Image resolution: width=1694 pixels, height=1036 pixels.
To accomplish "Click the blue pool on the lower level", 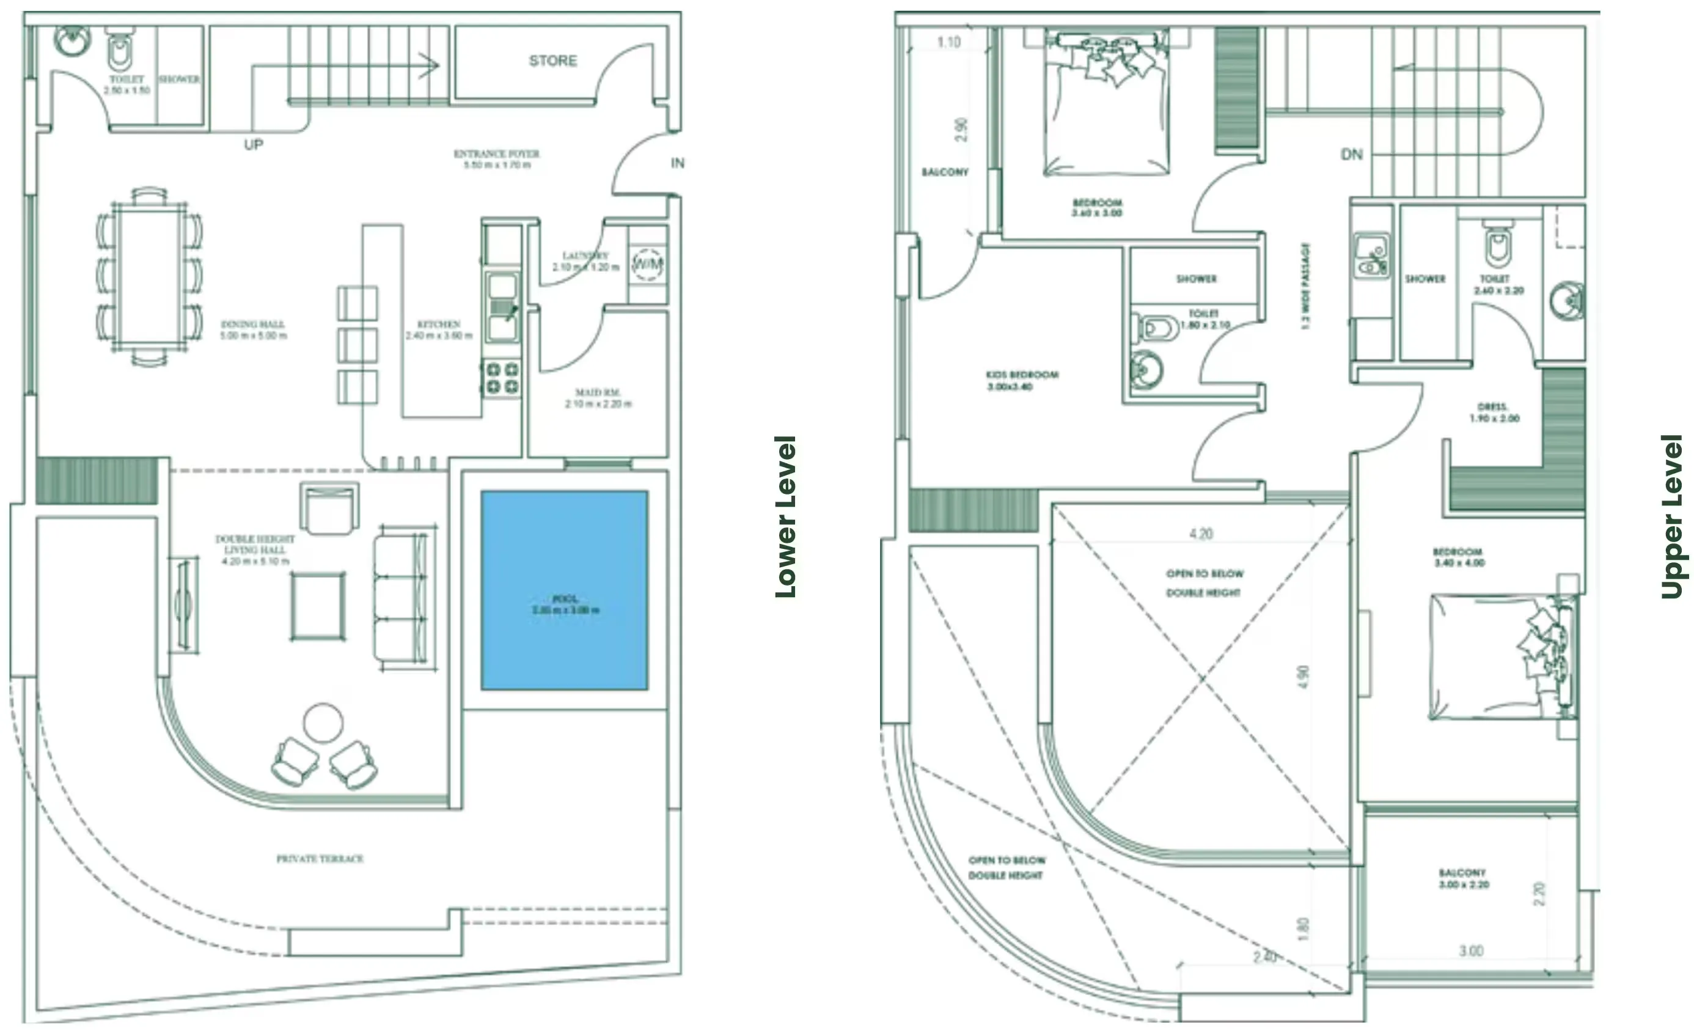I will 563,589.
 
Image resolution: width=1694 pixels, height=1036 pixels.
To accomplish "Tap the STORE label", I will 552,61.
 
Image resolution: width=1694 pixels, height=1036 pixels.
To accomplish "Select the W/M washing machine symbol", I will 647,264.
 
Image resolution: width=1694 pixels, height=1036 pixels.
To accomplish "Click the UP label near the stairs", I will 254,145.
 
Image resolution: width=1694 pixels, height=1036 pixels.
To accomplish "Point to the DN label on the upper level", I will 1352,155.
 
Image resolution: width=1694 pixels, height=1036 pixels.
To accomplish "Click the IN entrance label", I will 677,163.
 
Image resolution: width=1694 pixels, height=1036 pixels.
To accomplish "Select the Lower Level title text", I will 786,516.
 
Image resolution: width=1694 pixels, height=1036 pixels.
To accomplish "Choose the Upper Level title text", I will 1672,516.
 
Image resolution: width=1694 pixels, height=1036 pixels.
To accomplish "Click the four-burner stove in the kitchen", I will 502,378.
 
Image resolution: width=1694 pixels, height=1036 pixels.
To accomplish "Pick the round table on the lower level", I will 323,722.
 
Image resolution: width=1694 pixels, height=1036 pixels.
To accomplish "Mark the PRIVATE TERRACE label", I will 320,859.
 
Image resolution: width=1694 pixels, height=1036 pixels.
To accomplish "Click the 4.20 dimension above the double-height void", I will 1201,534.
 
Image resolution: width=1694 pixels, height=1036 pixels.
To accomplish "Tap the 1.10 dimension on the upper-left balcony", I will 948,43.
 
